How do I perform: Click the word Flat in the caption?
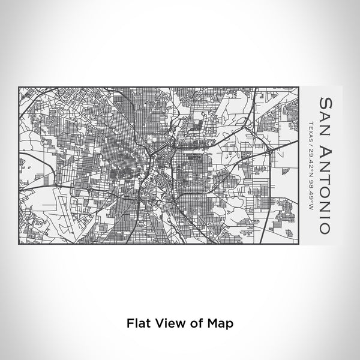point(138,322)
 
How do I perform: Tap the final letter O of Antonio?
point(325,229)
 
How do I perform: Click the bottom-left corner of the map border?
point(19,244)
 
